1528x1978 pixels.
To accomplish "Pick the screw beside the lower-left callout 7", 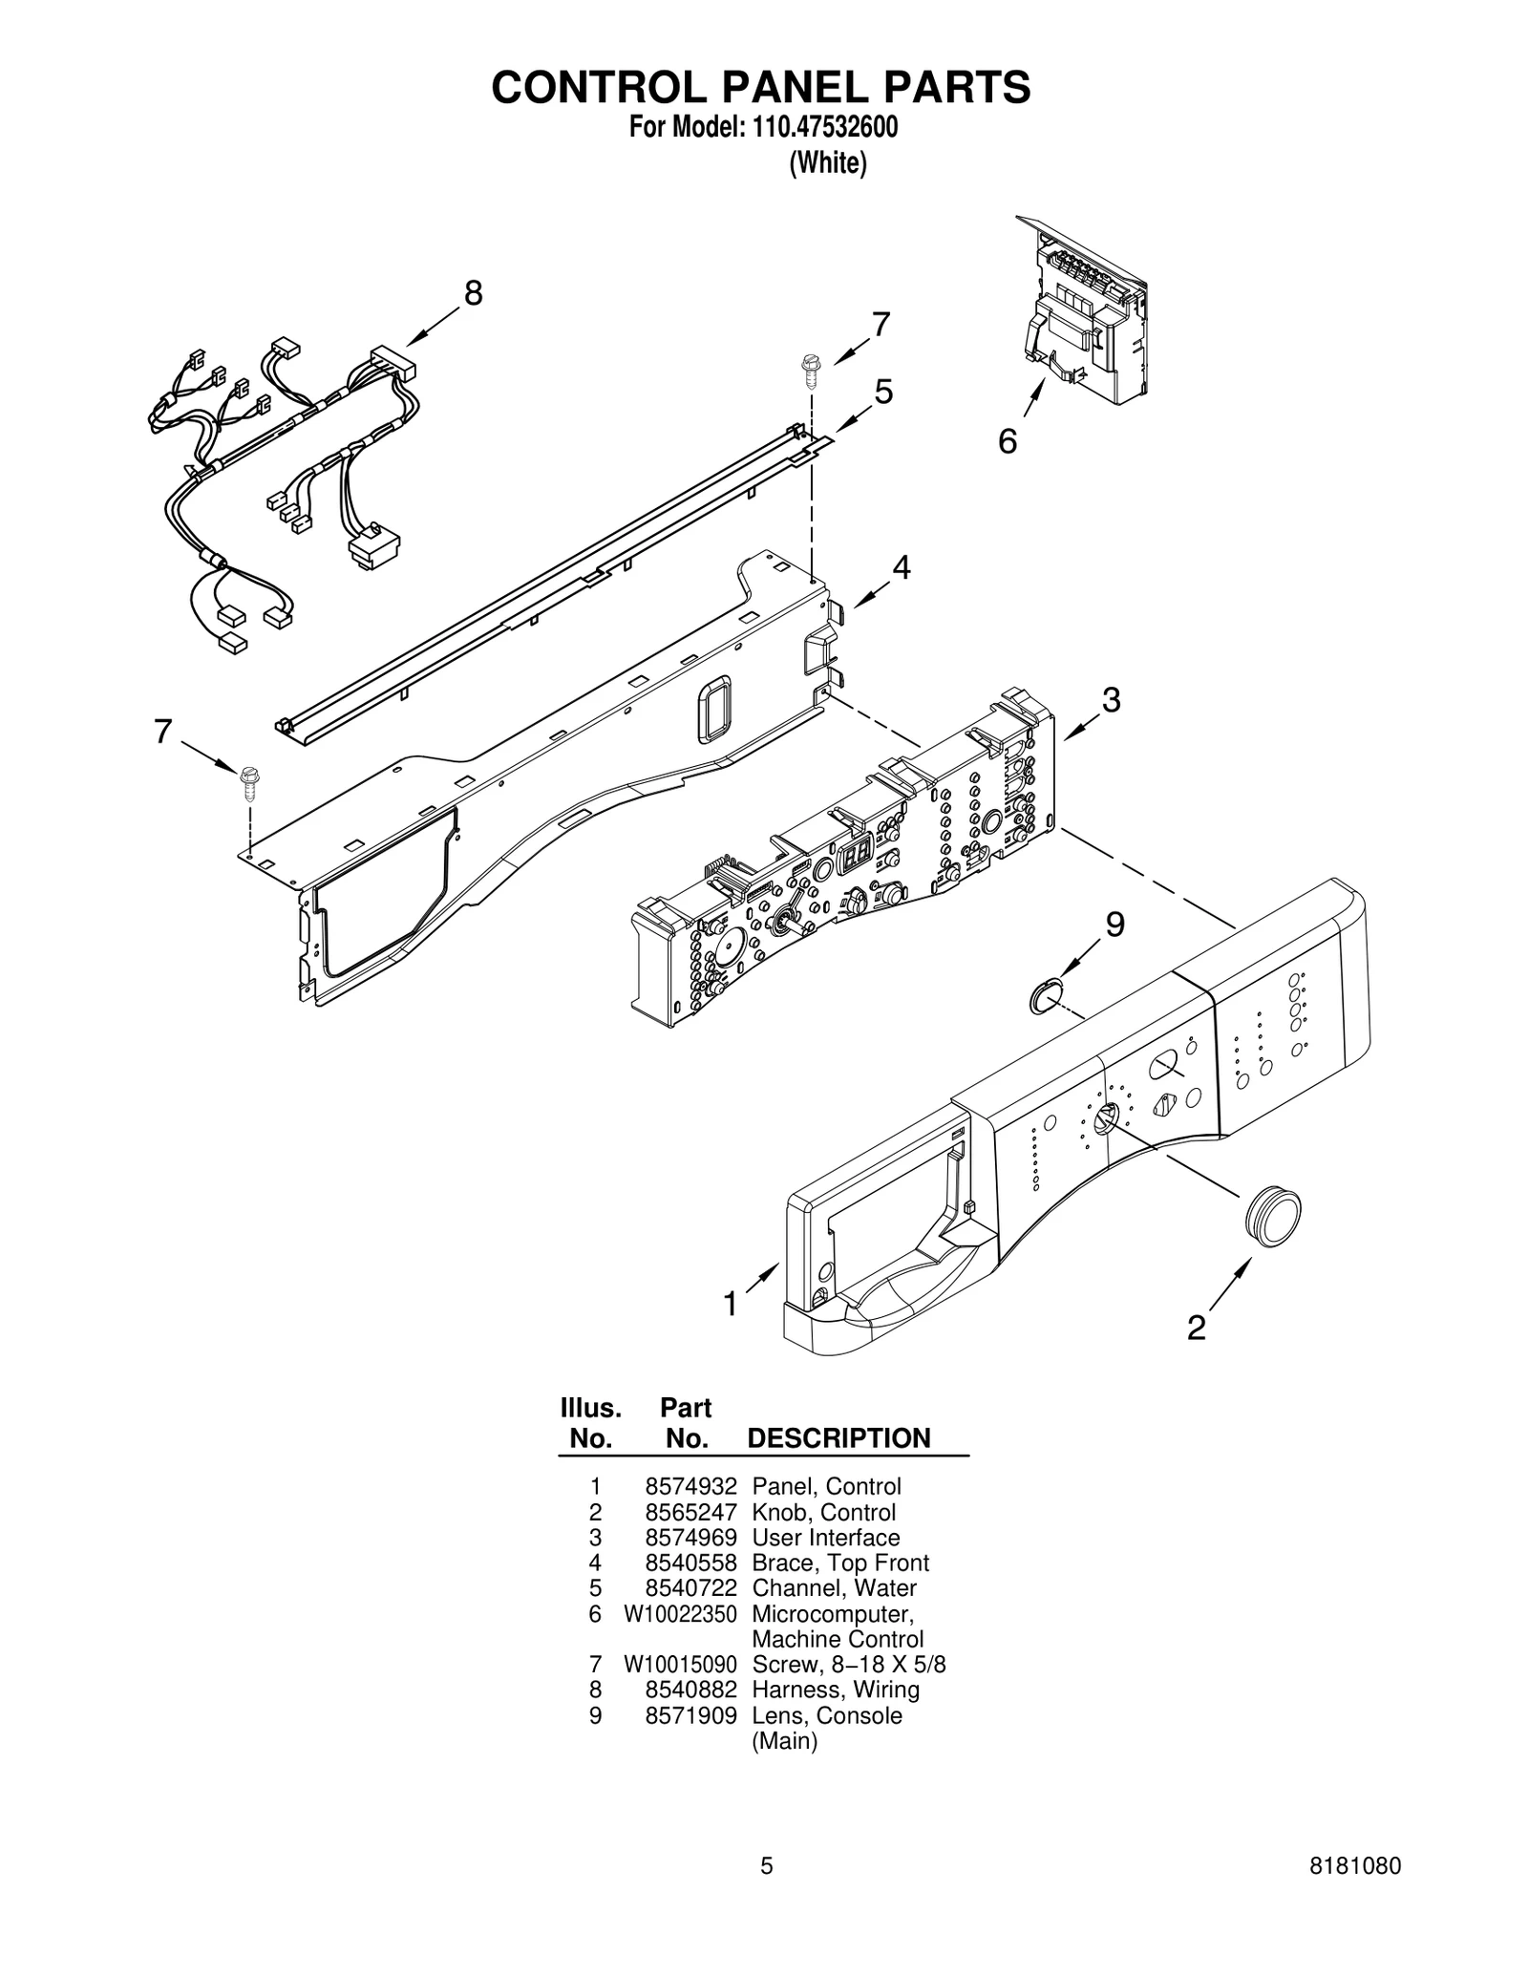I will click(x=250, y=779).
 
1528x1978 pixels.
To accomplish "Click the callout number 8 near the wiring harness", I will click(x=473, y=293).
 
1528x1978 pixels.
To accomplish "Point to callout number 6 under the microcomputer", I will click(x=1008, y=441).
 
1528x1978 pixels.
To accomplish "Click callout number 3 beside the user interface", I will click(x=1111, y=699).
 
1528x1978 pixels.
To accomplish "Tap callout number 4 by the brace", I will click(x=901, y=567).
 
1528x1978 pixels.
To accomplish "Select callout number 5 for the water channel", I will click(x=883, y=392).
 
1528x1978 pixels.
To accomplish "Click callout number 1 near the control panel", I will click(x=731, y=1304).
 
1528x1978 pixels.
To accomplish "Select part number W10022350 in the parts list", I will click(x=680, y=1614).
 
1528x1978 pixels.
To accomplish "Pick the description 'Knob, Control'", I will click(x=823, y=1513).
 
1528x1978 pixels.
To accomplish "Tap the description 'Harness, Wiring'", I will click(x=836, y=1690).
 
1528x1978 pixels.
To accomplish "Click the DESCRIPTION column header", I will click(x=838, y=1438).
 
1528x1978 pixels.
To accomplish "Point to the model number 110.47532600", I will click(x=819, y=128).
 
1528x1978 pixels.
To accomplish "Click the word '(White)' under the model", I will click(x=827, y=163).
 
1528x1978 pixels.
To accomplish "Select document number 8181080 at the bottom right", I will click(x=1355, y=1893).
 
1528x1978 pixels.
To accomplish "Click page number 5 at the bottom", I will click(x=766, y=1893).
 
